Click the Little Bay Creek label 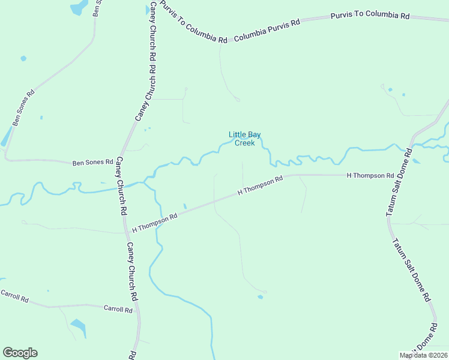(244, 139)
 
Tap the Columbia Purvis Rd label (267, 30)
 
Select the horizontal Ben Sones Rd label (93, 162)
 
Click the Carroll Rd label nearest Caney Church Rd (118, 309)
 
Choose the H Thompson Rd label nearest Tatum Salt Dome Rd (370, 175)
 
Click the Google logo (20, 353)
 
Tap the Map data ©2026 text (424, 355)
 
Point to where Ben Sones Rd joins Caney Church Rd (120, 163)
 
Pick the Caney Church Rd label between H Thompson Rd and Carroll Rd (132, 272)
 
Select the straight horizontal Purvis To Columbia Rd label (370, 16)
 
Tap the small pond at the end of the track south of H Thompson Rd (260, 296)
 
